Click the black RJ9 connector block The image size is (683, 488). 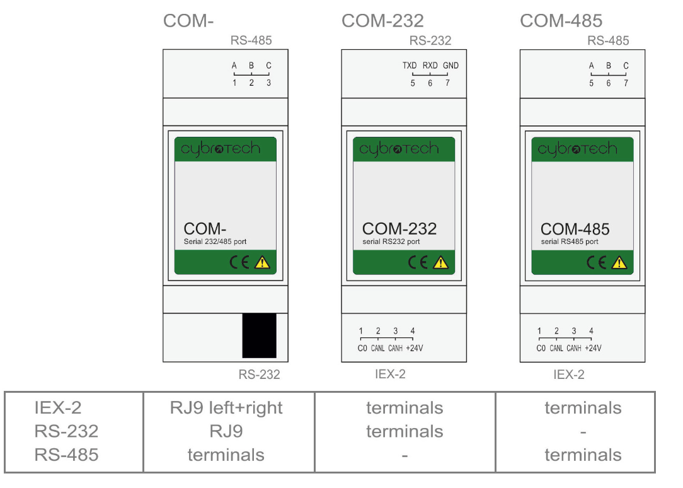pos(259,335)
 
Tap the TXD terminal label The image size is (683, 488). pos(410,66)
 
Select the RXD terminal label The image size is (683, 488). pos(430,66)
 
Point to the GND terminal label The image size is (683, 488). pos(451,66)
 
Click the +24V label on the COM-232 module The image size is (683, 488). pos(414,348)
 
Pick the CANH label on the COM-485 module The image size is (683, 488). pos(574,348)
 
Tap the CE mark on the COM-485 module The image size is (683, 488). pos(596,262)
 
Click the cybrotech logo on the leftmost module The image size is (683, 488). pos(221,149)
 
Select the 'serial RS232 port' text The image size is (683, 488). pos(391,241)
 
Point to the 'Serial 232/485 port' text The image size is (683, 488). pos(215,241)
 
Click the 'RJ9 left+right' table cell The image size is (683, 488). pos(226,408)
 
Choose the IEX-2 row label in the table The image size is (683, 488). pos(58,408)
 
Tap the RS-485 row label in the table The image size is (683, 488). pos(66,455)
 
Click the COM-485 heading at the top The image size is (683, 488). pos(561,20)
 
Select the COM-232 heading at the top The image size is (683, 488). pos(382,20)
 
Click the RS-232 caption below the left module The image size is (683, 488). pos(259,375)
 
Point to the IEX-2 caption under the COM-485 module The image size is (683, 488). pos(569,375)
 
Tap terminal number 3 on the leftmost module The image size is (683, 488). pos(269,83)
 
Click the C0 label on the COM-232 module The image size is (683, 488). pos(362,348)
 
